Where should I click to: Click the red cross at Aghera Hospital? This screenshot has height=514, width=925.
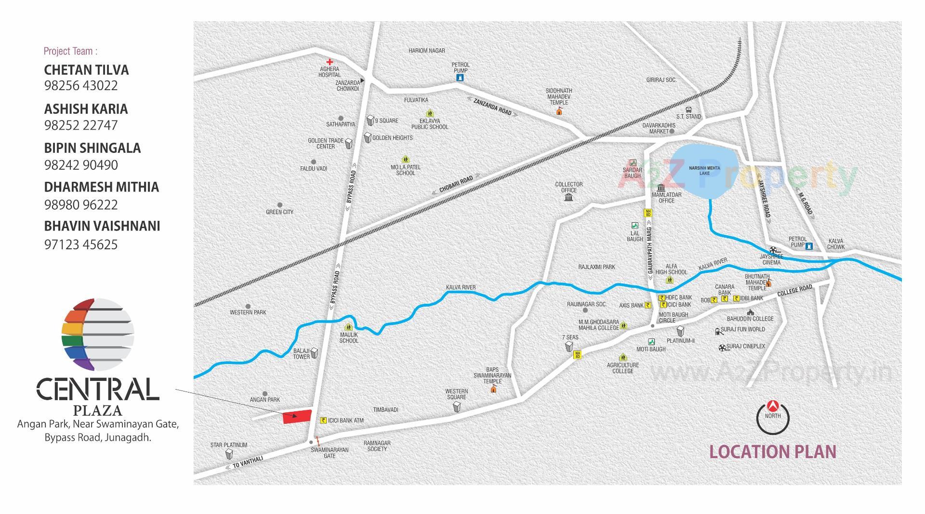click(x=330, y=62)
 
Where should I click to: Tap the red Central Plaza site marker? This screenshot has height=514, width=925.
click(x=297, y=417)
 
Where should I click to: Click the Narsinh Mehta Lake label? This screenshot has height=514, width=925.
click(x=704, y=170)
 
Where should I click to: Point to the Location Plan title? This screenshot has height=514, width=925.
click(x=773, y=452)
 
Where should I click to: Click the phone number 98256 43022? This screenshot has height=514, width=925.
click(x=81, y=86)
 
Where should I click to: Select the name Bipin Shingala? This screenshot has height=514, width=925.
click(x=92, y=148)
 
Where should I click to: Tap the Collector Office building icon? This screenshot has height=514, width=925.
click(x=568, y=197)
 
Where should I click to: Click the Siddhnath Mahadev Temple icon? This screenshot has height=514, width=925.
click(x=559, y=111)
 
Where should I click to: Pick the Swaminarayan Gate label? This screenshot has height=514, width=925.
click(x=330, y=453)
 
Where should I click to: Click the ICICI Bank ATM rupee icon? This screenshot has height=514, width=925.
click(x=323, y=420)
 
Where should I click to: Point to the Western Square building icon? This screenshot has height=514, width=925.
click(x=457, y=407)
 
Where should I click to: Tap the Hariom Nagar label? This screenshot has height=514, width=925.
click(x=427, y=51)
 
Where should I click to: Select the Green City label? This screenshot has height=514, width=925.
click(x=279, y=212)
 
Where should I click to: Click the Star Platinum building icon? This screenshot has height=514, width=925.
click(x=229, y=454)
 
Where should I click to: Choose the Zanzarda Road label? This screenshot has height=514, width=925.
click(x=492, y=107)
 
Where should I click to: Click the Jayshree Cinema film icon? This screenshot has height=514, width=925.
click(x=774, y=250)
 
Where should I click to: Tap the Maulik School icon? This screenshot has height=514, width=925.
click(x=348, y=328)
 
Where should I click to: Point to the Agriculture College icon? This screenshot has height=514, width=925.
click(x=623, y=357)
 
